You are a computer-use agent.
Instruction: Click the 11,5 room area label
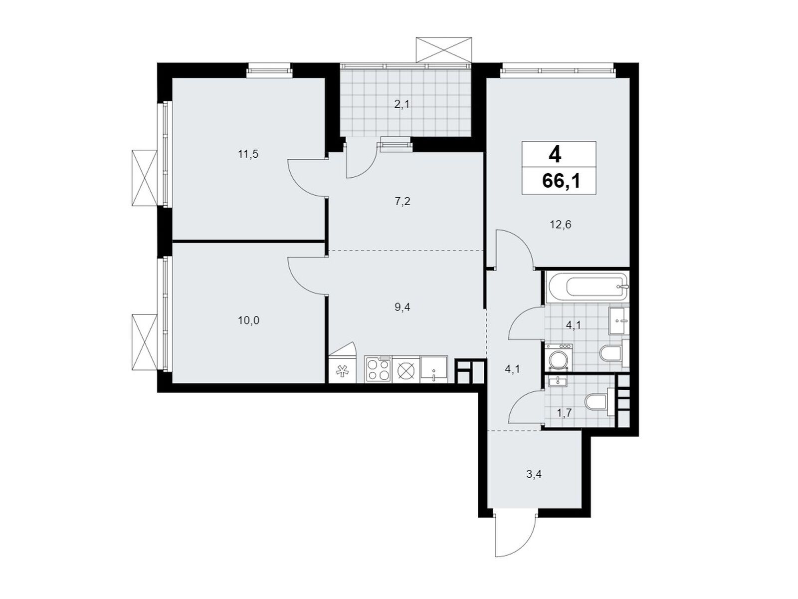point(248,154)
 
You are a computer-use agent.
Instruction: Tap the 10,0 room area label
point(249,320)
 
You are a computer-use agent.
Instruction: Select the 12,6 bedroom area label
point(560,225)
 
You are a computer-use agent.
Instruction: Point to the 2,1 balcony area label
point(401,105)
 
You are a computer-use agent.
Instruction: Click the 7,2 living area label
point(402,201)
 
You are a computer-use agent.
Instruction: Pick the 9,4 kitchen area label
point(402,307)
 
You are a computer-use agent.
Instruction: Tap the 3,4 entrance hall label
point(533,474)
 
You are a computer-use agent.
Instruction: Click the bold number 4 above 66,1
point(555,155)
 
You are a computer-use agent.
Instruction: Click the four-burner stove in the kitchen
point(378,369)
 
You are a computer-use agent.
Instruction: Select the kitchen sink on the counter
point(434,369)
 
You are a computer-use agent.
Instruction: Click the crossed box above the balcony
point(443,50)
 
